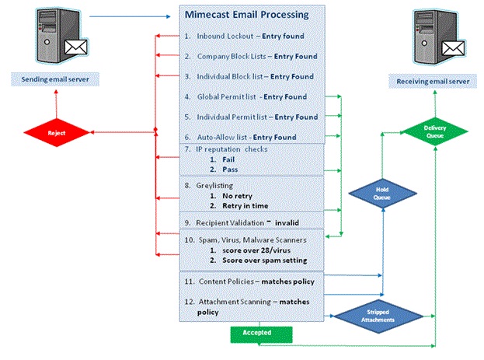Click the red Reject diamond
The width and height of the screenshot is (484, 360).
point(57,133)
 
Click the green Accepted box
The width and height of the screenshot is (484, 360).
point(261,334)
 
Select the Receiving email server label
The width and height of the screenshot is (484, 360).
point(436,79)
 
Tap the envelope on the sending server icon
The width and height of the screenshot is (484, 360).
point(75,48)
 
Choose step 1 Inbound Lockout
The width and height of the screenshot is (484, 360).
point(245,37)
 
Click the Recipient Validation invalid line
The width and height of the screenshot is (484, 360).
point(248,222)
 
